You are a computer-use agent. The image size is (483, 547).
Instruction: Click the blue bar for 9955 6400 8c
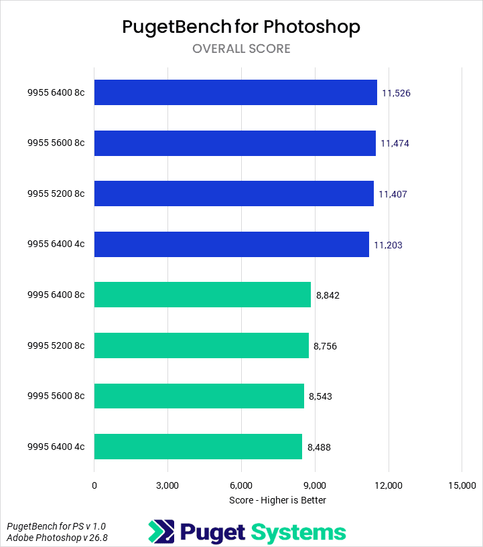click(235, 92)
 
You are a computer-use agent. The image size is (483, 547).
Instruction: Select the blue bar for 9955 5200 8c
click(234, 193)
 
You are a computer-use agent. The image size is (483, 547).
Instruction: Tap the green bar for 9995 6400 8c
click(202, 295)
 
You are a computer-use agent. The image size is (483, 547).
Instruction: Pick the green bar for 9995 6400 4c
click(198, 447)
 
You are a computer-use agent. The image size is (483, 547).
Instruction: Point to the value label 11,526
click(395, 93)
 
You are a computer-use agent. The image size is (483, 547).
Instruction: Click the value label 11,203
click(388, 245)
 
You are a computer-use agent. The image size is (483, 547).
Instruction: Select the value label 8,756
click(325, 347)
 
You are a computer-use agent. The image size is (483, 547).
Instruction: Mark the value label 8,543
click(320, 396)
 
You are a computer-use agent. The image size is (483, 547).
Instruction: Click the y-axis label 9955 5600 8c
click(56, 143)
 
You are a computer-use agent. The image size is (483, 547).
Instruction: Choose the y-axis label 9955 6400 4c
click(56, 244)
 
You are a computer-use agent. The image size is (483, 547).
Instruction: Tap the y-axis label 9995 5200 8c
click(56, 345)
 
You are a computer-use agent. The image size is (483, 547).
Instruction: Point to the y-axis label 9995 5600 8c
click(56, 396)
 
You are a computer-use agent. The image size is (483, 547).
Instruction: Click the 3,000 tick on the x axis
click(167, 485)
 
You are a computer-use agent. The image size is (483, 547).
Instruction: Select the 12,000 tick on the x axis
click(388, 485)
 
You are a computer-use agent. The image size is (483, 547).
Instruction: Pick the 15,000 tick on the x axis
click(461, 485)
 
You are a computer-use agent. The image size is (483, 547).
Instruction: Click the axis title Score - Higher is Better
click(277, 500)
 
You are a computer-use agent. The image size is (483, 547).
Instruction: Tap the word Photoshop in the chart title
click(312, 27)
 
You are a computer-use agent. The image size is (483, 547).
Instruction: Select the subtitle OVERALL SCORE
click(241, 49)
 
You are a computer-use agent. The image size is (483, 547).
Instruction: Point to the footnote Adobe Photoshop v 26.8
click(57, 538)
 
